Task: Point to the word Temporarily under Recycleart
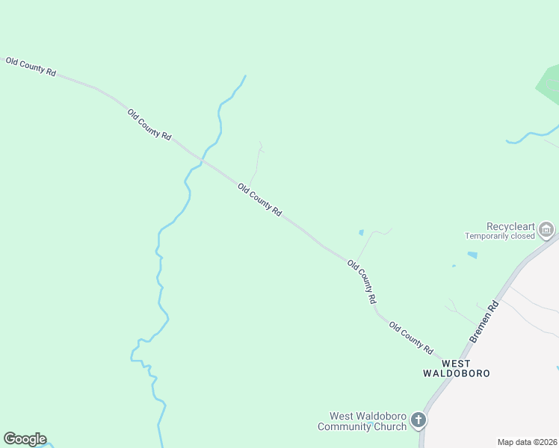coord(488,236)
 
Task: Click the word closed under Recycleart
coord(523,236)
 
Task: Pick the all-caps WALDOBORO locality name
coord(457,373)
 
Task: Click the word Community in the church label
coord(348,426)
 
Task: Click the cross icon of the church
coord(419,421)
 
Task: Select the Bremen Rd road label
coord(484,322)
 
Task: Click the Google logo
coord(25,439)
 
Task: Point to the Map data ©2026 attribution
coord(527,442)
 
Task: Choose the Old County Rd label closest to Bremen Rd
coord(411,338)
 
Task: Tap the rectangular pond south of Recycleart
coord(472,255)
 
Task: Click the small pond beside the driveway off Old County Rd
coord(362,232)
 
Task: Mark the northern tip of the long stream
coord(245,75)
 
